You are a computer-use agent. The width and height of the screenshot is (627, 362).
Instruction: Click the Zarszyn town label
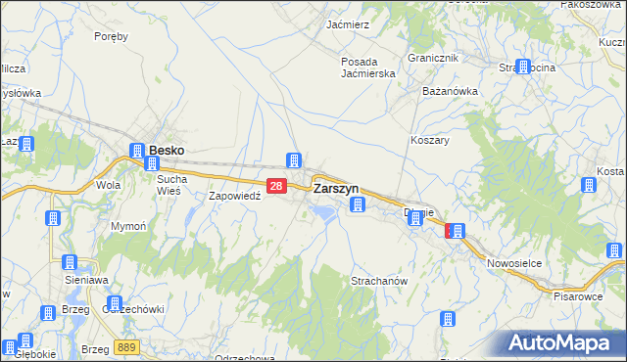335,188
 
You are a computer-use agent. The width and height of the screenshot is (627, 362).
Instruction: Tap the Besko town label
167,151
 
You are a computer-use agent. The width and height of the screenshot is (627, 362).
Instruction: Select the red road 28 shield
276,186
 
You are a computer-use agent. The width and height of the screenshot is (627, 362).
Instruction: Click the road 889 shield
124,347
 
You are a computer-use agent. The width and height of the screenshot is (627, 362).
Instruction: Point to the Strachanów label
378,281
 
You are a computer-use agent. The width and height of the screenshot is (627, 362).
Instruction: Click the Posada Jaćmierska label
367,68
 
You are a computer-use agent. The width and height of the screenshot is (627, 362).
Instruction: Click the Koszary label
429,140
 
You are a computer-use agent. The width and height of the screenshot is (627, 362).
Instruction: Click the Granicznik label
434,58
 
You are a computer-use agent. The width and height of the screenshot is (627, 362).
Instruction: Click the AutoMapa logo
563,343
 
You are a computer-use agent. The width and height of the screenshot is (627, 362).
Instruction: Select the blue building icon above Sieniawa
69,262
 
